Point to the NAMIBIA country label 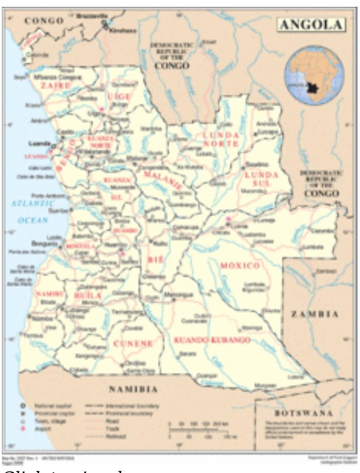click(x=133, y=389)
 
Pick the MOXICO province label click(x=239, y=266)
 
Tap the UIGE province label click(x=118, y=97)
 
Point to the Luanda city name click(x=41, y=144)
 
